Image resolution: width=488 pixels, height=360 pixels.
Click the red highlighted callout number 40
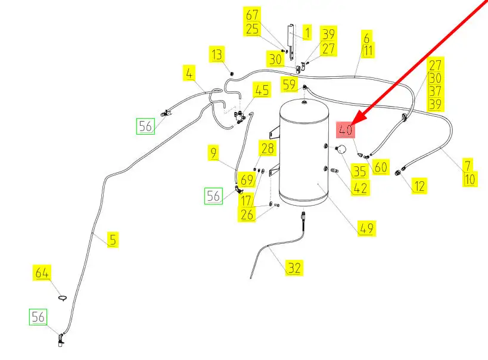(346, 129)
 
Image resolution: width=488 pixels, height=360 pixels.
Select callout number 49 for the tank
(367, 228)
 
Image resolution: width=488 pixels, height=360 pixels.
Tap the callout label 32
(294, 268)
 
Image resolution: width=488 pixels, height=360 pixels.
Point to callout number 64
(41, 274)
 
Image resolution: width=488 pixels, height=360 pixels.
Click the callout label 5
(113, 240)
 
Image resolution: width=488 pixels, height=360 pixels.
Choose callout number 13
(217, 55)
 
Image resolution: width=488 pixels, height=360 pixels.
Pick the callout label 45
(262, 91)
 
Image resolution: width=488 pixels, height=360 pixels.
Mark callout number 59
(290, 85)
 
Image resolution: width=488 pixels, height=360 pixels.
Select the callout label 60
(381, 167)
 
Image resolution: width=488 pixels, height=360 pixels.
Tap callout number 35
(359, 172)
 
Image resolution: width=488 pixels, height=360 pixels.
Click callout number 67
(253, 15)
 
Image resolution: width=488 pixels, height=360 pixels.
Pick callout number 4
(189, 74)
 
